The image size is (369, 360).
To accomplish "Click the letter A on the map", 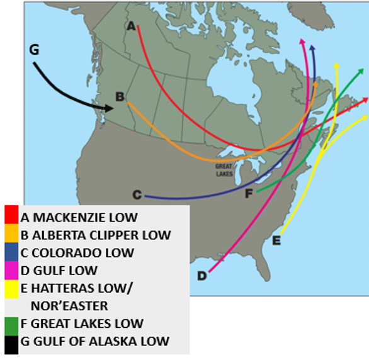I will point(131,26).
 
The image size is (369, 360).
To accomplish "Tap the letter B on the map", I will point(120,96).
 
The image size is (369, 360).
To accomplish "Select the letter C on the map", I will point(137,195).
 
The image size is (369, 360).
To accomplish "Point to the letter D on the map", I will point(202,276).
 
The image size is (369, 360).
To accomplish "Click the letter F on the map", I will point(249,194).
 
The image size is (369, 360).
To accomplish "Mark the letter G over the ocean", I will point(34,50).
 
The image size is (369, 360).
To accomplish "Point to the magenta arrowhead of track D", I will point(302,43).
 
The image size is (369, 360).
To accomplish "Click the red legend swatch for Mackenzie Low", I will point(11,216).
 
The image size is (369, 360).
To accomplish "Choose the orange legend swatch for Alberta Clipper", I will point(11,234).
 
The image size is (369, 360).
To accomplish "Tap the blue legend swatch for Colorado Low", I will point(11,252).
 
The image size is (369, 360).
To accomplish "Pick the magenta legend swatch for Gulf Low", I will point(11,269).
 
